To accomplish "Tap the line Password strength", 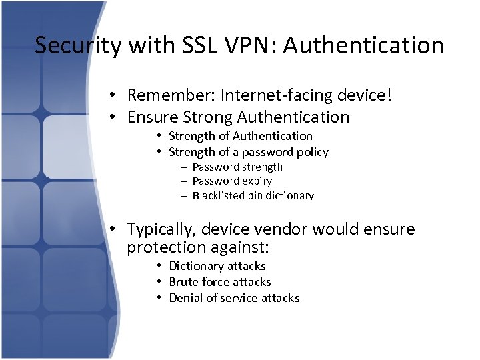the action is [x=237, y=167].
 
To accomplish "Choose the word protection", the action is [x=167, y=247].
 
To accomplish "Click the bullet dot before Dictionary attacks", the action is [x=161, y=266].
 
